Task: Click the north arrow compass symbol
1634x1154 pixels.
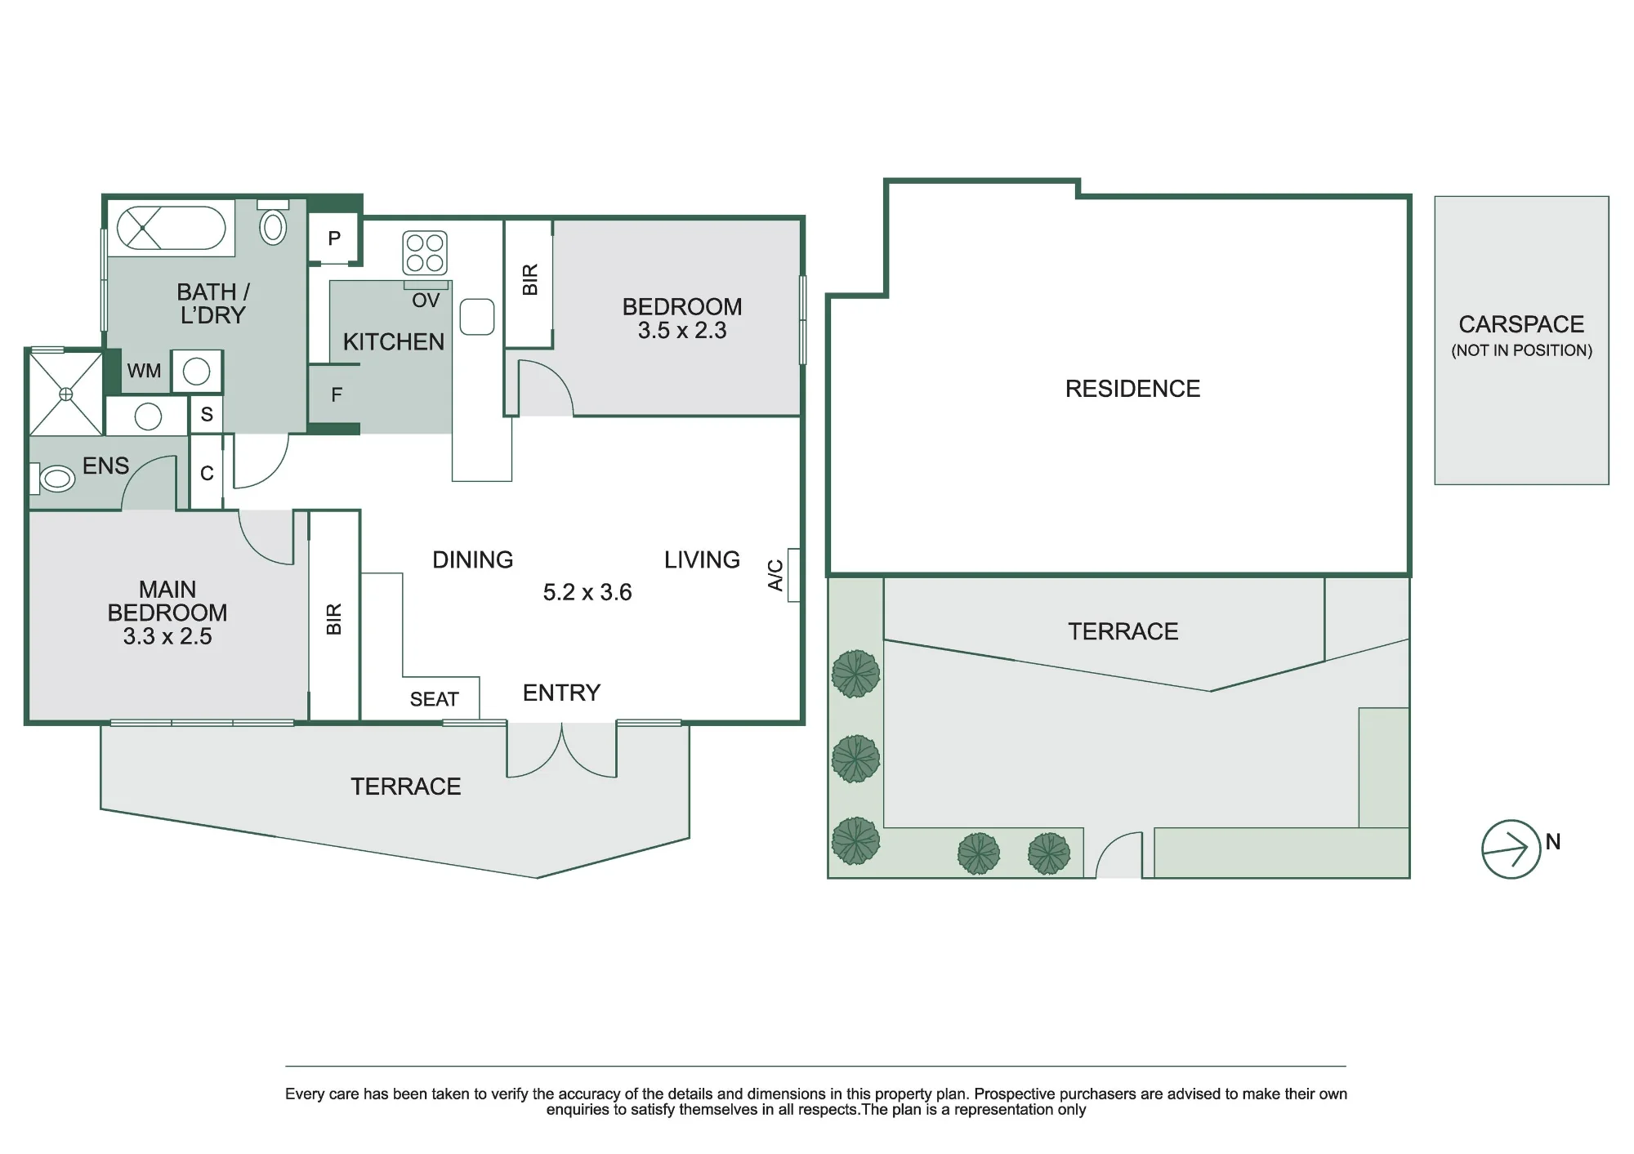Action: [1511, 849]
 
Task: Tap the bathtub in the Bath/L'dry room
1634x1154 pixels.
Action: [172, 228]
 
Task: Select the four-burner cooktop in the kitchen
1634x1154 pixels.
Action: [425, 252]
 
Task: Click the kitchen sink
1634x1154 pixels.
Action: [477, 317]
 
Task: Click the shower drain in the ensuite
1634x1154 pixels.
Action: [66, 394]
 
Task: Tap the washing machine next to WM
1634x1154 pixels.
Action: [196, 372]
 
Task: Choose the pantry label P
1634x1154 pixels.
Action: [334, 238]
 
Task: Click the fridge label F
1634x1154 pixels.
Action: [337, 395]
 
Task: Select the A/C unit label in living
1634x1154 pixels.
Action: [775, 575]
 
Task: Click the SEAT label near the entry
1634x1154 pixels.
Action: [435, 699]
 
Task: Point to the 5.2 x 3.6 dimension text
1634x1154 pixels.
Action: [587, 592]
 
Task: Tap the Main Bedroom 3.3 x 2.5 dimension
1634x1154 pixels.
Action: [167, 636]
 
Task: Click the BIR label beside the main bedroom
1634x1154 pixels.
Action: [334, 619]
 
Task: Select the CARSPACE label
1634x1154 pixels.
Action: [1521, 324]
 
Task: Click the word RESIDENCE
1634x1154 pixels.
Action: [1132, 389]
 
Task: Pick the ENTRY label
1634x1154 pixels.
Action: [561, 693]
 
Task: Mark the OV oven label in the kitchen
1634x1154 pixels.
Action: [426, 301]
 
